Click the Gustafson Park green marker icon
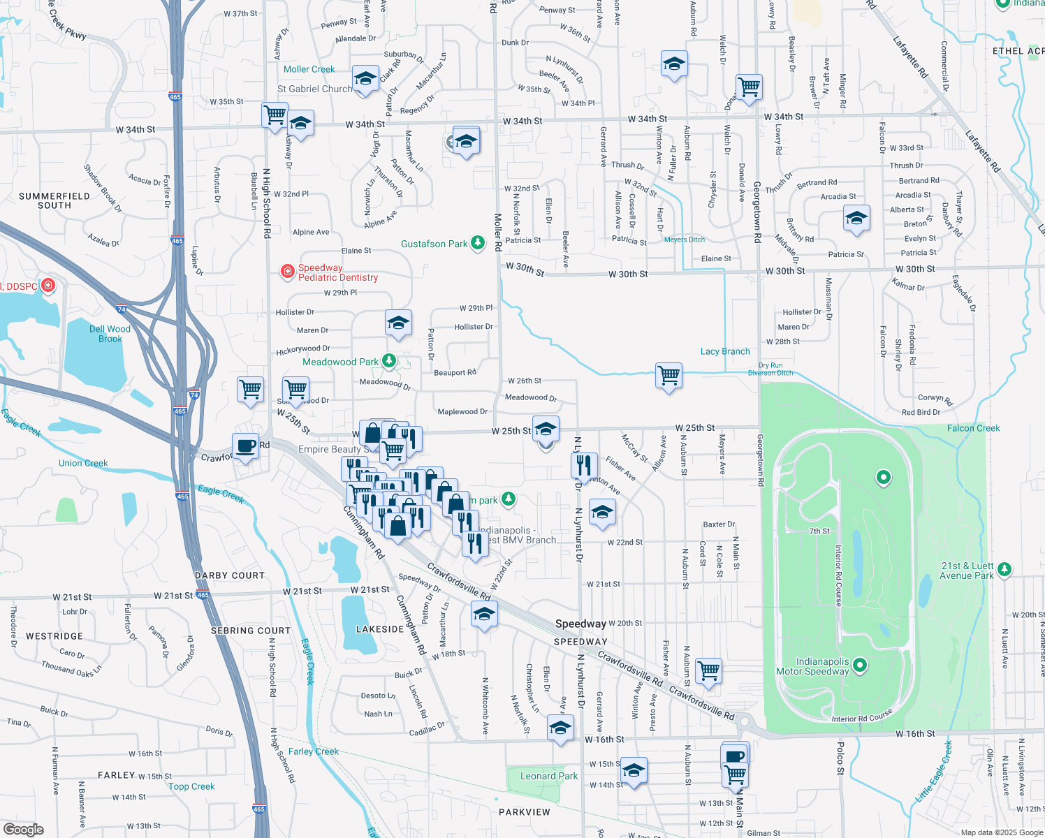[x=478, y=243]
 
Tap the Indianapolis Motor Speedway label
[x=813, y=667]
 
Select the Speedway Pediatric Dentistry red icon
[x=287, y=272]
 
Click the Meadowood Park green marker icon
[x=389, y=361]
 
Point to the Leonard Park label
[x=549, y=776]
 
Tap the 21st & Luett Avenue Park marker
[x=1004, y=570]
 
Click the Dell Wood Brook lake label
[x=110, y=334]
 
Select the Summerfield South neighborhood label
[x=54, y=200]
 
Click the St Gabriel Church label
[x=315, y=89]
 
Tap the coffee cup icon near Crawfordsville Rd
[x=245, y=446]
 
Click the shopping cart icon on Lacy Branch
[x=668, y=376]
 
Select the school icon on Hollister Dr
[x=398, y=323]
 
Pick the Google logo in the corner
[x=24, y=829]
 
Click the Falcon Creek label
[x=973, y=428]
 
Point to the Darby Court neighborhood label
[x=230, y=575]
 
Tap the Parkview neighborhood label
[x=525, y=812]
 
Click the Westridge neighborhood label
[x=54, y=636]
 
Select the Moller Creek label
[x=309, y=69]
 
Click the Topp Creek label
[x=191, y=786]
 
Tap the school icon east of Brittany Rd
[x=856, y=219]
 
